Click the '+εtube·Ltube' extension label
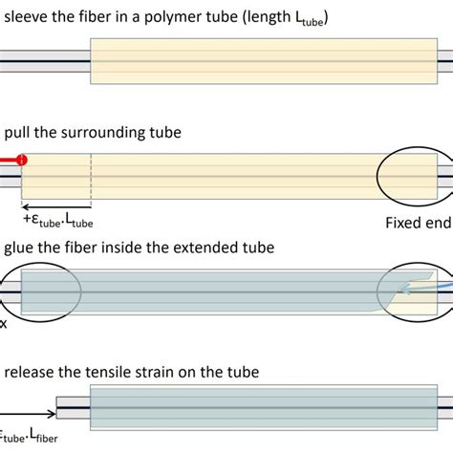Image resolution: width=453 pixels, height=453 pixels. click(57, 223)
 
